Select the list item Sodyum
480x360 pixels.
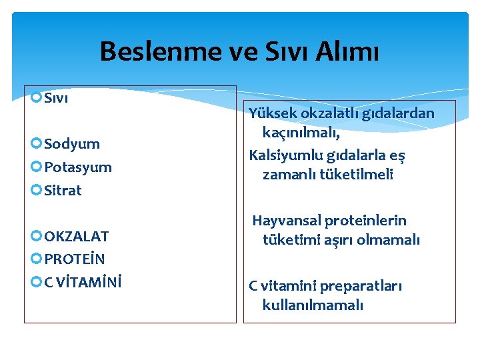72,144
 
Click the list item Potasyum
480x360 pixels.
78,167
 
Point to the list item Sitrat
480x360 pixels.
63,191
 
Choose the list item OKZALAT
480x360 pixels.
76,236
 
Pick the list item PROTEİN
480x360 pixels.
74,259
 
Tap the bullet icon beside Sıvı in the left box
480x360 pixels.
37,99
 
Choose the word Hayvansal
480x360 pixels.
287,221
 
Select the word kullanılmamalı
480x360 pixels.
313,306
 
